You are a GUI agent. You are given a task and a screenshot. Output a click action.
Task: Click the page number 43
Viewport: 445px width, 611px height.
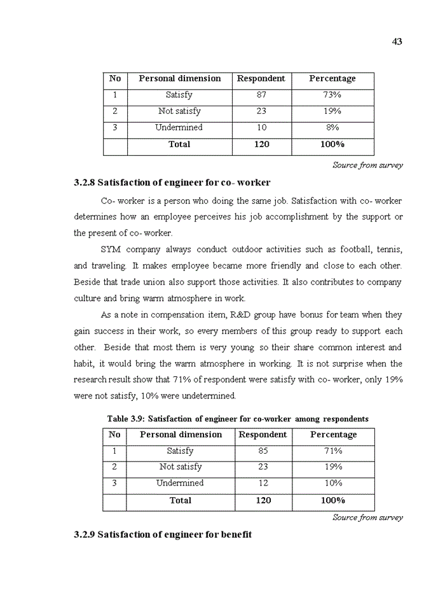(x=397, y=42)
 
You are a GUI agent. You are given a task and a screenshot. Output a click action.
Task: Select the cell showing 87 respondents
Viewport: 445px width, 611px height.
(x=261, y=95)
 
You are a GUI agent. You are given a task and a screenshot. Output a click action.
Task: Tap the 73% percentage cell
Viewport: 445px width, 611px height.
(x=332, y=95)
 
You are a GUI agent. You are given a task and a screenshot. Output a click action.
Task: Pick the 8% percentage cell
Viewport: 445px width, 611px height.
(x=332, y=127)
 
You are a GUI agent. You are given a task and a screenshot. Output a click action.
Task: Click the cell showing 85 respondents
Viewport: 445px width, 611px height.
(x=263, y=451)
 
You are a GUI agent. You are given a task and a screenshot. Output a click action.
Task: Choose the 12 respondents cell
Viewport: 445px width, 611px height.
(x=263, y=483)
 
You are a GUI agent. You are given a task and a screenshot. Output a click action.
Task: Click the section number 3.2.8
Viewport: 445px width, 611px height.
(x=84, y=183)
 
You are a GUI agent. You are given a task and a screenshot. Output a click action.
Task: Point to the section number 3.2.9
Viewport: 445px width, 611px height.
(x=84, y=534)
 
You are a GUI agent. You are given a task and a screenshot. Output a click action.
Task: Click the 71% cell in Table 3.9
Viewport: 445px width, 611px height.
(x=333, y=451)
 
